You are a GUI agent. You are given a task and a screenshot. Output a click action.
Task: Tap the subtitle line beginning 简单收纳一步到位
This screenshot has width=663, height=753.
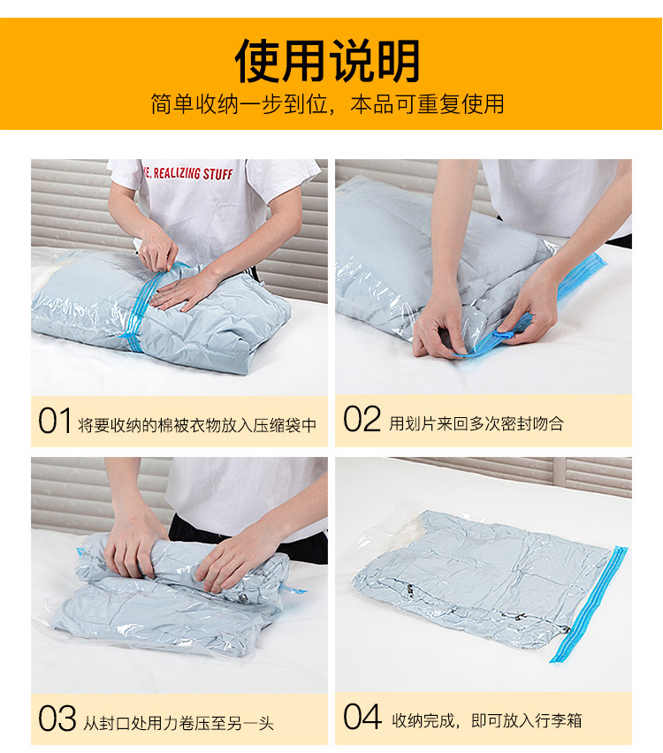point(327,104)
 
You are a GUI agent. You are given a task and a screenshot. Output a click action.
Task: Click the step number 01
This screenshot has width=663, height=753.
point(54,422)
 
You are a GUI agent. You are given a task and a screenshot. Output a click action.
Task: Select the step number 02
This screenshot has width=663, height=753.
point(362,421)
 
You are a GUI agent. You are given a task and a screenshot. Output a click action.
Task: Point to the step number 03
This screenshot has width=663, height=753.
point(57,719)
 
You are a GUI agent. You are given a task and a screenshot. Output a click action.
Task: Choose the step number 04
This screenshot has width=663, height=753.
point(362,719)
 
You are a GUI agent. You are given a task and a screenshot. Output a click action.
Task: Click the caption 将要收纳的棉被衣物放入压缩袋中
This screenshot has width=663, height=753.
point(196,424)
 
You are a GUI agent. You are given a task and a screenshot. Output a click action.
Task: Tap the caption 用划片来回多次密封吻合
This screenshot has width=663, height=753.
point(476,423)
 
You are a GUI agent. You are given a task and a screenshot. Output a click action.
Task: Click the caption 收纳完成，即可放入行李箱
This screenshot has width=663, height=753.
point(487,721)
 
